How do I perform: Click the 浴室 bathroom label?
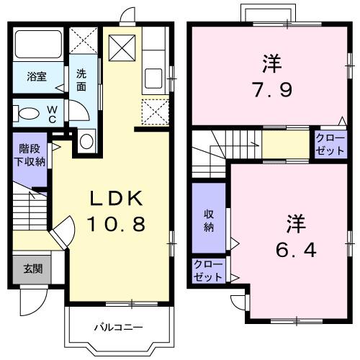tap(37, 76)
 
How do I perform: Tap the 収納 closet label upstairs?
tap(209, 221)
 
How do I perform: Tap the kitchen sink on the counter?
tap(154, 78)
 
